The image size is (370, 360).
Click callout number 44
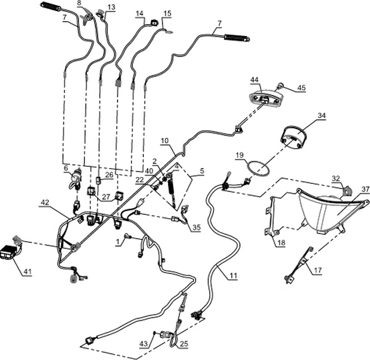coord(254,80)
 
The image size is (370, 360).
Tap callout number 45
coord(301,88)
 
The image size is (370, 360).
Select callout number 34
coord(321,115)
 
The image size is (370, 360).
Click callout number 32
coord(336,178)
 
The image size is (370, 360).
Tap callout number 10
coord(164,140)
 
